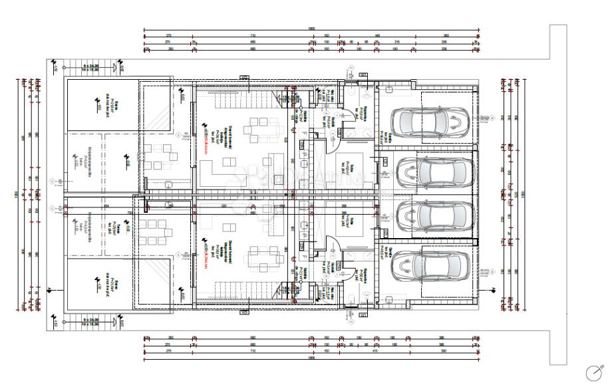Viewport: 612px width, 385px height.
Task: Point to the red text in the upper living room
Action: (x=207, y=142)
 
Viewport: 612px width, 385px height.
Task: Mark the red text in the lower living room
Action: (x=207, y=251)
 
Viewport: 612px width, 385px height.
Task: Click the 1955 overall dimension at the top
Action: (x=311, y=29)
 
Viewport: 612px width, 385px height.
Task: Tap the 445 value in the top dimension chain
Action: (x=377, y=35)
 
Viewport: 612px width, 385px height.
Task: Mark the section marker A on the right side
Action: (x=494, y=289)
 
